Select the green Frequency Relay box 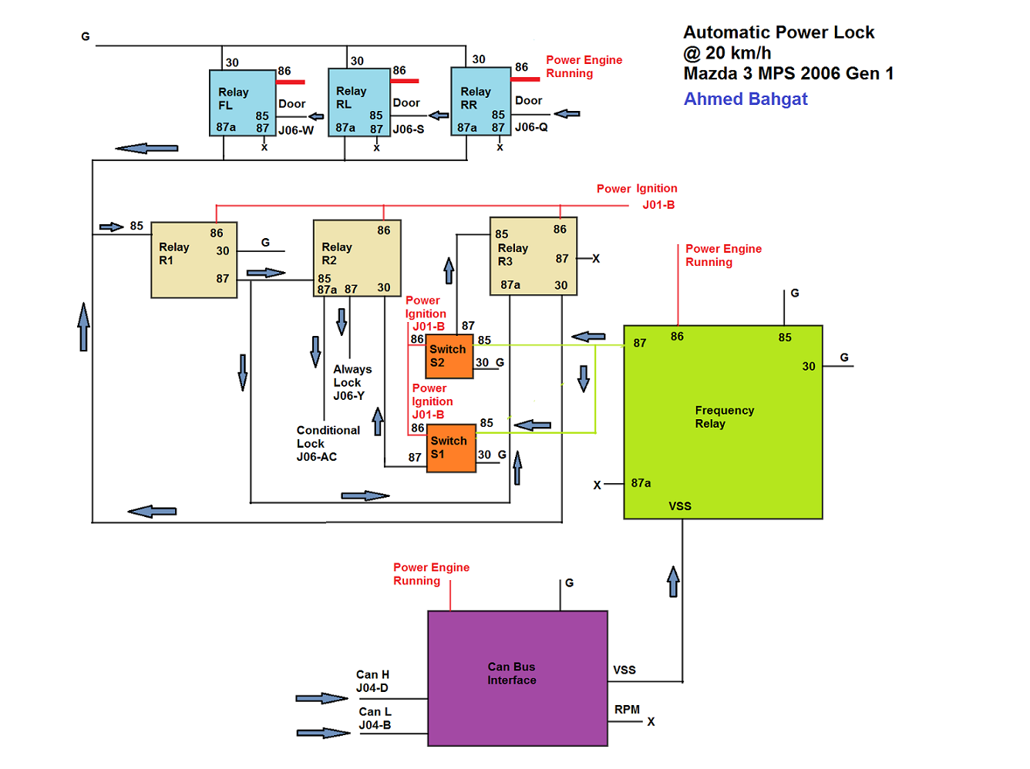(722, 421)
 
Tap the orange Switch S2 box (449, 356)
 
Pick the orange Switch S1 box (450, 448)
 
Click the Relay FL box (242, 102)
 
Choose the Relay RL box (358, 102)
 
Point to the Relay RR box (480, 101)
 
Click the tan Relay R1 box (194, 260)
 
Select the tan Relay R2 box (357, 258)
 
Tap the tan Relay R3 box (533, 256)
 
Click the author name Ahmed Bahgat (746, 99)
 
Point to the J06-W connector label (295, 130)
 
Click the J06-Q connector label (530, 127)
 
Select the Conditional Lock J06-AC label (328, 443)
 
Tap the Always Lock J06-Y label (352, 382)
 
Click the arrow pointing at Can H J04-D (321, 698)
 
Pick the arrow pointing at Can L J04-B (323, 733)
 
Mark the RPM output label (627, 710)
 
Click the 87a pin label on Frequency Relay (641, 483)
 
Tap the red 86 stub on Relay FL (290, 82)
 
